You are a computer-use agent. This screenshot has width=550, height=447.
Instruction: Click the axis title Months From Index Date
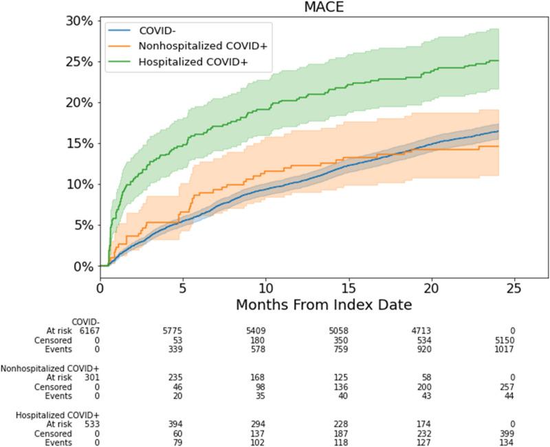coord(324,303)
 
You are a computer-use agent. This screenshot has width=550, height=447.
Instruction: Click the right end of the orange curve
coord(498,146)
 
